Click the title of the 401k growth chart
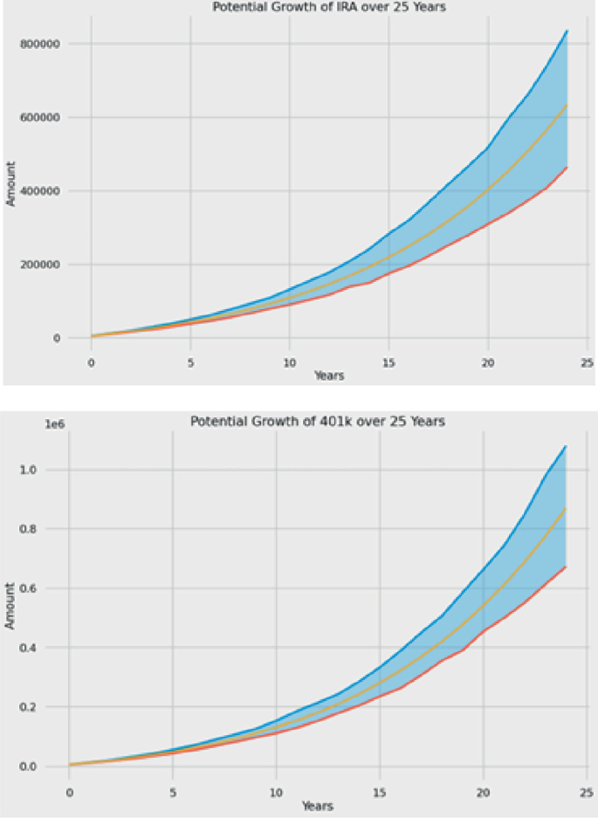318,422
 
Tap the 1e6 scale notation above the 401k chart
30,423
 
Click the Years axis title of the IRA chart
328,375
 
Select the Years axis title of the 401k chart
318,806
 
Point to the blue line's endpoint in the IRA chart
567,31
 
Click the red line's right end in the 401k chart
566,567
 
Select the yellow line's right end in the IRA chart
567,105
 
